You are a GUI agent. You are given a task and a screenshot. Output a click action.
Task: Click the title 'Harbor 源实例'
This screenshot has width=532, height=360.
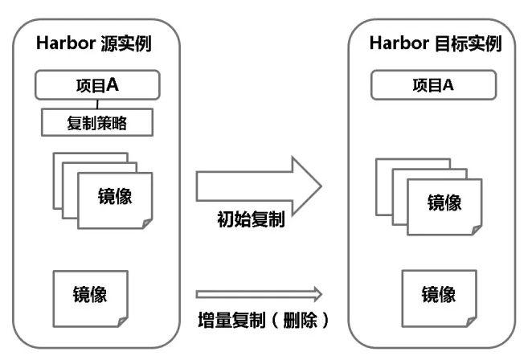click(93, 43)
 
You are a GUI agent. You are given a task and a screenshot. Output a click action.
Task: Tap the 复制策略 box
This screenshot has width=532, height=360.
click(97, 123)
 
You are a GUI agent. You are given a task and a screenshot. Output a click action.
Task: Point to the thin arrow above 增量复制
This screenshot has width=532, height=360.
click(259, 294)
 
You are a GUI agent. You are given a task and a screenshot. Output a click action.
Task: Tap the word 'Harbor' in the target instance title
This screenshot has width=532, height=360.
click(398, 43)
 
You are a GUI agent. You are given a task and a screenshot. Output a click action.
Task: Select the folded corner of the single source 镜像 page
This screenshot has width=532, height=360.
click(121, 321)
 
